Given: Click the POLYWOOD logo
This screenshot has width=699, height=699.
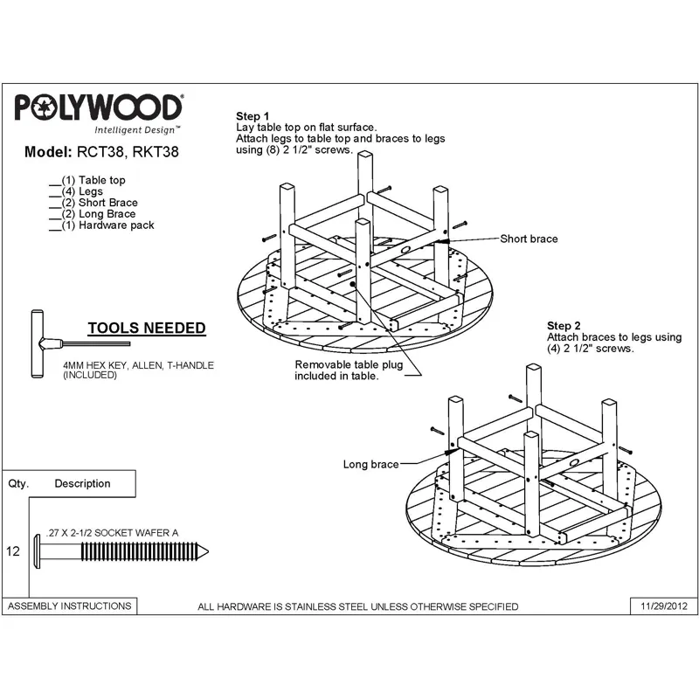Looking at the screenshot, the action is (99, 107).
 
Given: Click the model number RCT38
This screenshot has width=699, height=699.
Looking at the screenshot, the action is (100, 152).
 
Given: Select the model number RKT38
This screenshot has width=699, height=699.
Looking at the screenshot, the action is (156, 152).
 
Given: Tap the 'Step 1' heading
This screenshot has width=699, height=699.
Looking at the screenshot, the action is (253, 116).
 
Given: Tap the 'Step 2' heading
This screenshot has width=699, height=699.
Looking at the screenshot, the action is (564, 326).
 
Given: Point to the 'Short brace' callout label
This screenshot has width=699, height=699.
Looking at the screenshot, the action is (529, 239).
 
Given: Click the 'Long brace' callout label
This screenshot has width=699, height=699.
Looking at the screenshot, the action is (370, 465).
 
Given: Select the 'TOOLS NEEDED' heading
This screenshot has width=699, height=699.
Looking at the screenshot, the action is (147, 329).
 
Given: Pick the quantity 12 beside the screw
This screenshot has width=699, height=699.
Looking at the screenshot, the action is (13, 551).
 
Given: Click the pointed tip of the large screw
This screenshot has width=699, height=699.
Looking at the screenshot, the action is (208, 552).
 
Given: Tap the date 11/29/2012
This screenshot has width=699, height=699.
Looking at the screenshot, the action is (664, 606).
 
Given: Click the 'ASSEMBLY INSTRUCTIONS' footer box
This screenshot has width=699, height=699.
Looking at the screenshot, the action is (70, 606).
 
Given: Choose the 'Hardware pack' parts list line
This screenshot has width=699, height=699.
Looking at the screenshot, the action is (102, 225).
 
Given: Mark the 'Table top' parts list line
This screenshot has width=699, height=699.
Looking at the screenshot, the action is (88, 180).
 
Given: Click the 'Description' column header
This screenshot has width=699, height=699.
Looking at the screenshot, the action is (82, 484).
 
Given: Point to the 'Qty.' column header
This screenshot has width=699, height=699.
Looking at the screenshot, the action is (18, 484).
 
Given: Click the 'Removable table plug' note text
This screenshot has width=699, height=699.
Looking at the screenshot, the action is (349, 370).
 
